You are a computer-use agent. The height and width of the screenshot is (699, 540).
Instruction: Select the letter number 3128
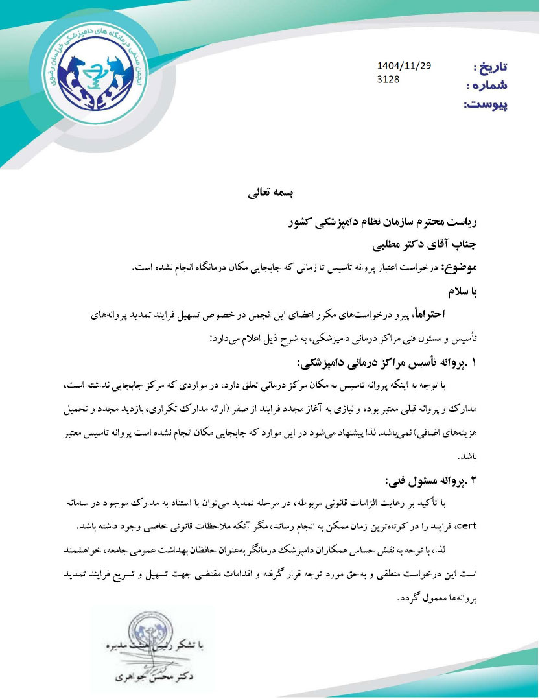(388, 80)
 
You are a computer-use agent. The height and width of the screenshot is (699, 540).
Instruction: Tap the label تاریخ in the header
(491, 67)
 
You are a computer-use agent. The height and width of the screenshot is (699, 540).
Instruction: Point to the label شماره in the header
(487, 86)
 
